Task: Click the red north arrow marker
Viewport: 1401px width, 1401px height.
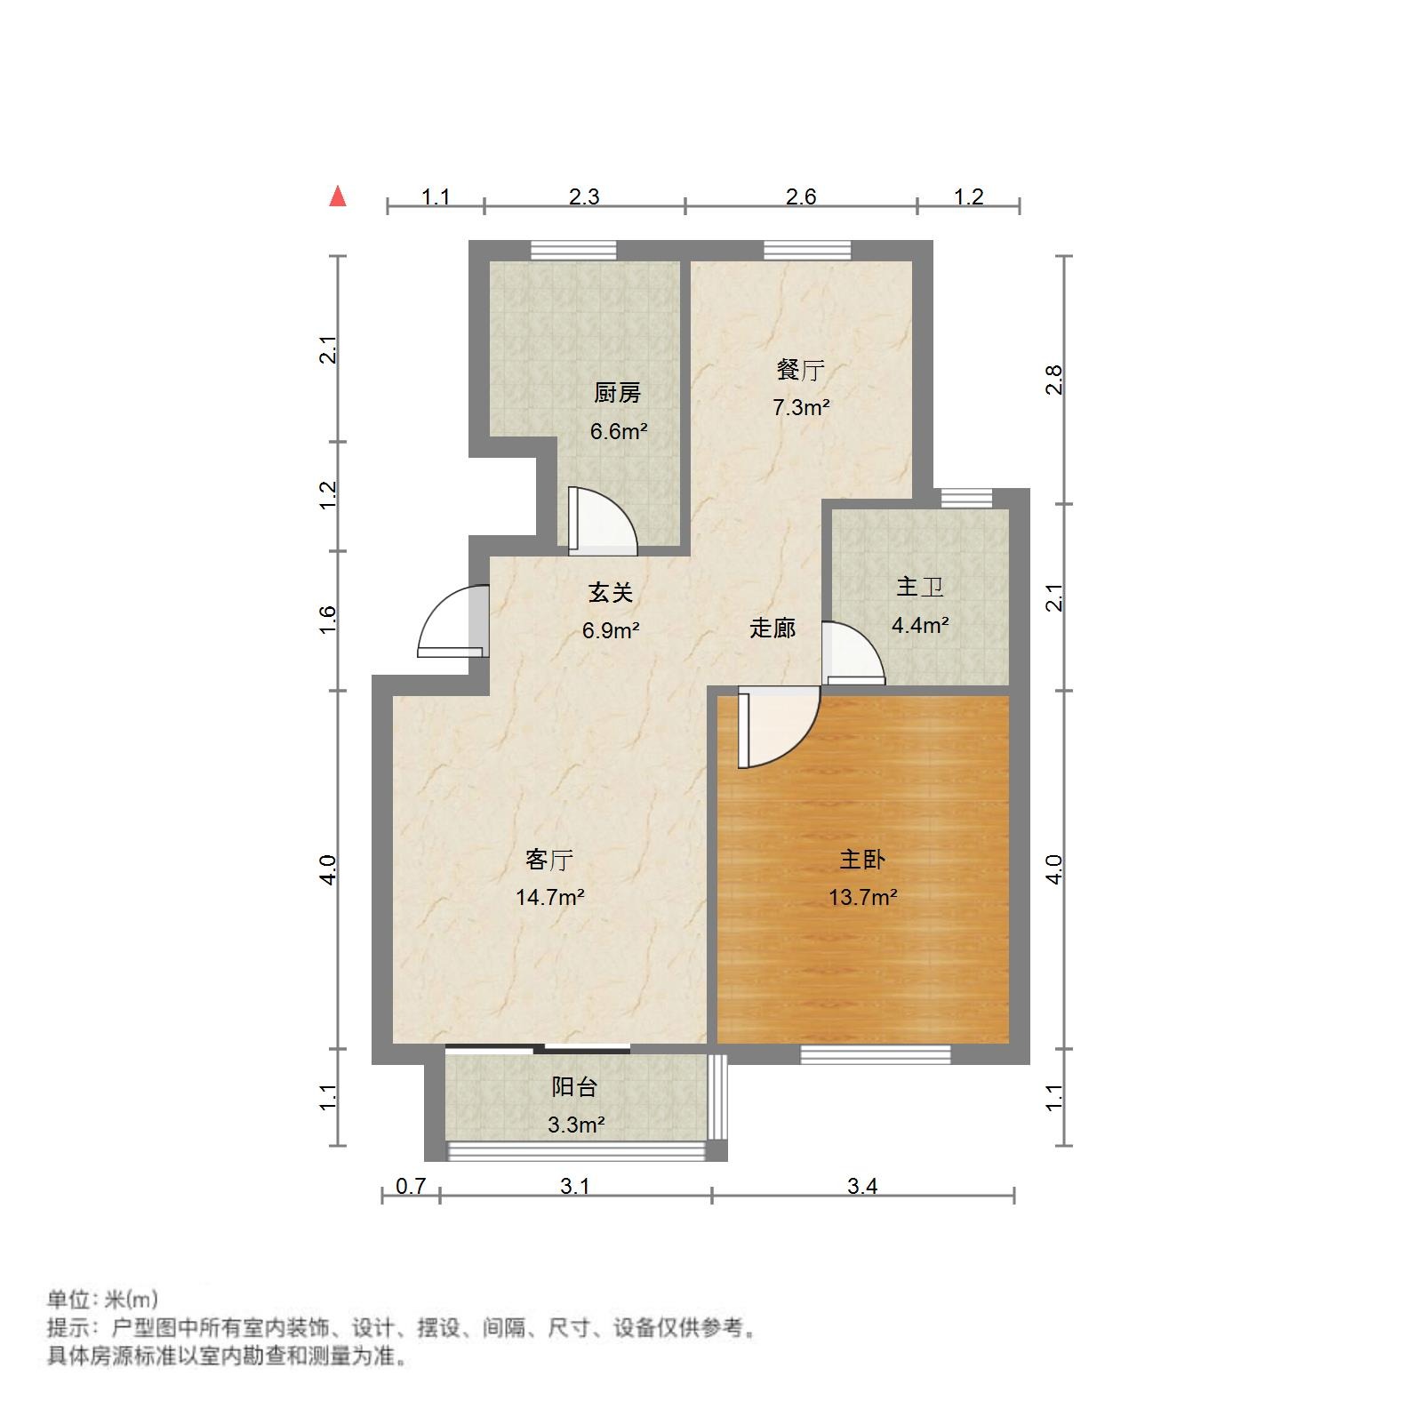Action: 338,196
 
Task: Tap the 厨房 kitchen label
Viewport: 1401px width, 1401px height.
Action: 617,392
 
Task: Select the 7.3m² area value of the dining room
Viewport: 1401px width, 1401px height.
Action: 800,408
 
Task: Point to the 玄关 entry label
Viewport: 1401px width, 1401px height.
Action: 610,592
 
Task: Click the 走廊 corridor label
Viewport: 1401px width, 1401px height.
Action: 773,628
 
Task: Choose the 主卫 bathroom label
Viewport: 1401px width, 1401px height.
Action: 919,587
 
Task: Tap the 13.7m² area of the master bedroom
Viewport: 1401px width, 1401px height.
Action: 862,897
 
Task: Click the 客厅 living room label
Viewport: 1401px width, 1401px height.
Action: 548,860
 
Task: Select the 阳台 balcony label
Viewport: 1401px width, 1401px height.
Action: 574,1086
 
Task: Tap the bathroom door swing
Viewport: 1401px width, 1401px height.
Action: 852,654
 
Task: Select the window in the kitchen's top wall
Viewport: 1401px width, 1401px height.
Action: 573,250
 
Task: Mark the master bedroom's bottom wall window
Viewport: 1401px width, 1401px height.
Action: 876,1054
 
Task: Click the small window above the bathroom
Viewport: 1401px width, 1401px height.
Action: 966,498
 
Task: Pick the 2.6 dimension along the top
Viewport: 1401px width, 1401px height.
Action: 800,196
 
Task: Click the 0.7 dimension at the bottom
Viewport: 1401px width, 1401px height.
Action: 411,1186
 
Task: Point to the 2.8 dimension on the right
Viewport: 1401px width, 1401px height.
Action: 1054,380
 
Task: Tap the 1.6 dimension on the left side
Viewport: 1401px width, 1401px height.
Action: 328,619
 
